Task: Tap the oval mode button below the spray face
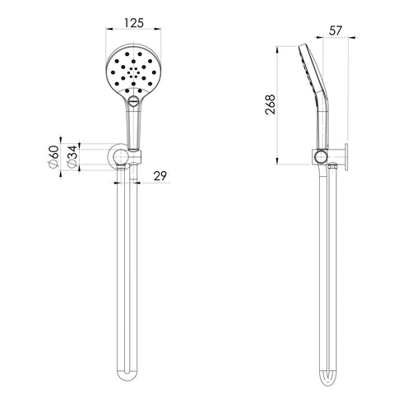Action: [132, 103]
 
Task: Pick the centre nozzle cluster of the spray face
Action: [132, 72]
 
